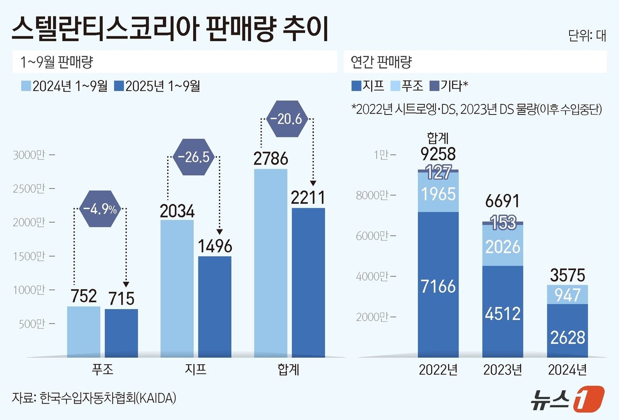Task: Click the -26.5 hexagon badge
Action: coord(193,157)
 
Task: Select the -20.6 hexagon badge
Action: coord(286,119)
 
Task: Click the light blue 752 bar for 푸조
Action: coord(84,332)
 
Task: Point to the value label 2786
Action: coord(271,159)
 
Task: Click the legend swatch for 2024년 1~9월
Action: coord(26,86)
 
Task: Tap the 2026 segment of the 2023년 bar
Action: coord(503,246)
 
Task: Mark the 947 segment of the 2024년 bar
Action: coord(567,294)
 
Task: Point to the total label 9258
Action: coord(438,154)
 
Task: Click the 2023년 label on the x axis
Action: coord(503,370)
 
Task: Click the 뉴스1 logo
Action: coord(567,398)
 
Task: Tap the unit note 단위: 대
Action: coord(587,35)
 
